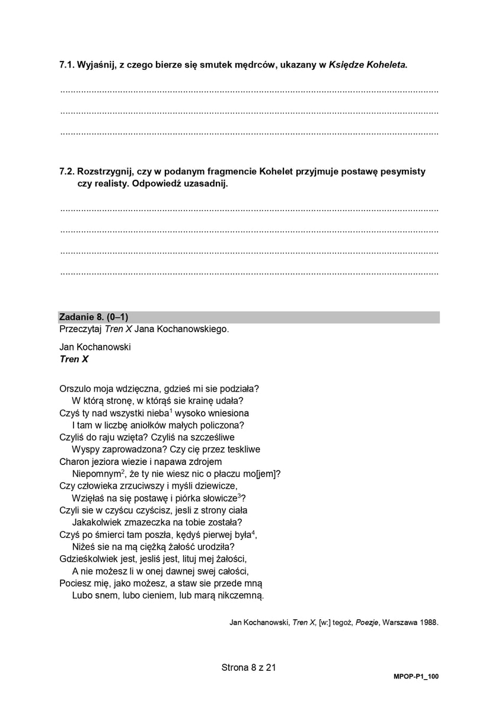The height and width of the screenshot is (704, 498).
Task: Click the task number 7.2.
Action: coord(67,171)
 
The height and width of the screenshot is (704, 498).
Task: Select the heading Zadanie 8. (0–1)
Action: coord(94,317)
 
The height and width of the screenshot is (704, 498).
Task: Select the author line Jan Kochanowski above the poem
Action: coord(95,346)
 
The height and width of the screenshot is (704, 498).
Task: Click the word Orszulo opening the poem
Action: coord(76,388)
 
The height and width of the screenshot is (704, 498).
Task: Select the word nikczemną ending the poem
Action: coord(241,595)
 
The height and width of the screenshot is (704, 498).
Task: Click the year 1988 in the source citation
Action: coord(427,623)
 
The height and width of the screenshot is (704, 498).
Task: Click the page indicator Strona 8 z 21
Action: coord(249,667)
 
